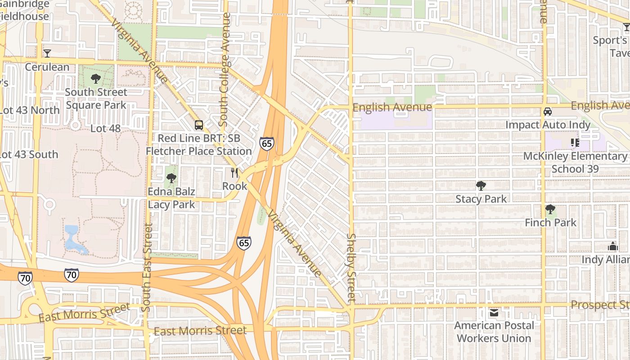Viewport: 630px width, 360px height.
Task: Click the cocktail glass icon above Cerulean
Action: pyautogui.click(x=47, y=54)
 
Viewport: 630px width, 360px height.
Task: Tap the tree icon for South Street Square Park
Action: pyautogui.click(x=95, y=79)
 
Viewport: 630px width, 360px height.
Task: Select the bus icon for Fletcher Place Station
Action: pyautogui.click(x=198, y=125)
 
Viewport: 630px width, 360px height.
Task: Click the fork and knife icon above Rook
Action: pyautogui.click(x=234, y=172)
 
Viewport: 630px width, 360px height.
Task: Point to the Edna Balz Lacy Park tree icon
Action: pyautogui.click(x=171, y=178)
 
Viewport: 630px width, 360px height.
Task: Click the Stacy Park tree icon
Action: pyautogui.click(x=481, y=185)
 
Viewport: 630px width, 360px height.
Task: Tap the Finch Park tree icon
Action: pyautogui.click(x=550, y=209)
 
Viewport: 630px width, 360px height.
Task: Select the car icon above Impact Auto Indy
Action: pyautogui.click(x=547, y=112)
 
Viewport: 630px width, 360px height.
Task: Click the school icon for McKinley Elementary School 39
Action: pyautogui.click(x=575, y=143)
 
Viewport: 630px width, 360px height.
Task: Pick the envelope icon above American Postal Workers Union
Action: pyautogui.click(x=494, y=312)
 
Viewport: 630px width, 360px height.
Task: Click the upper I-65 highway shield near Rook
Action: pyautogui.click(x=266, y=144)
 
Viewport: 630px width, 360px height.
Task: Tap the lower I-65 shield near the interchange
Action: pyautogui.click(x=244, y=243)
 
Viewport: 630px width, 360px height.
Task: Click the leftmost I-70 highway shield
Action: pyautogui.click(x=25, y=278)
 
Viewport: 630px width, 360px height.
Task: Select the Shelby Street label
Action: pyautogui.click(x=351, y=267)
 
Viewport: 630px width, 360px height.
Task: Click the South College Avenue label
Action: pyautogui.click(x=225, y=70)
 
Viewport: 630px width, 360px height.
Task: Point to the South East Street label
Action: pyautogui.click(x=147, y=267)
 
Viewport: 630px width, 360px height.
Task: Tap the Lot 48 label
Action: pyautogui.click(x=105, y=128)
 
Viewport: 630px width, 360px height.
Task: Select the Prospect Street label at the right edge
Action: pyautogui.click(x=600, y=305)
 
